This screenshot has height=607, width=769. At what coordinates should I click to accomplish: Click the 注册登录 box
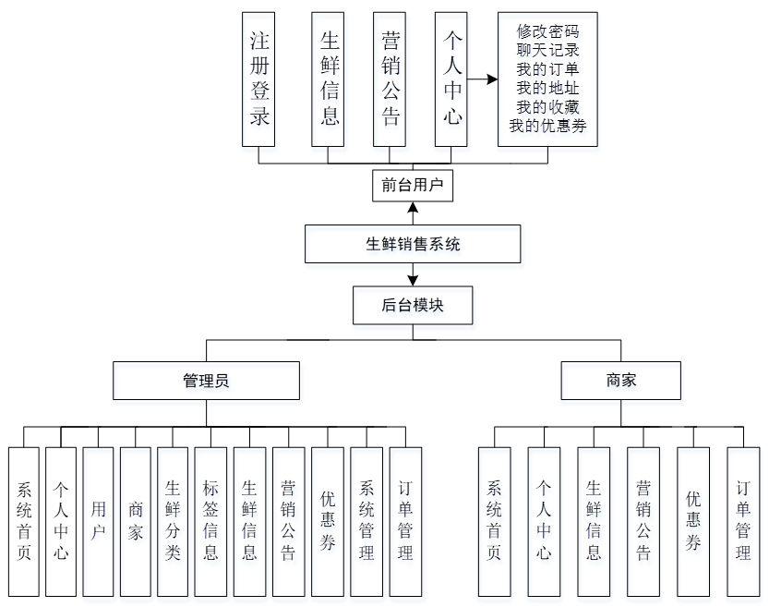(x=259, y=79)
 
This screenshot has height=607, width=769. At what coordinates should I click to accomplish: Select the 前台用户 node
(x=413, y=185)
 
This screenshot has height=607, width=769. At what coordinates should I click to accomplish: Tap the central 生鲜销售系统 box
(x=413, y=245)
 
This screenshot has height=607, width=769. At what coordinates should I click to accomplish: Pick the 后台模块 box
(x=413, y=306)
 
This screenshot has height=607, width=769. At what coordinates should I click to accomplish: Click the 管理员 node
(x=206, y=381)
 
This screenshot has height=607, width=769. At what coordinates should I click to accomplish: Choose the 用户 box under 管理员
(x=98, y=521)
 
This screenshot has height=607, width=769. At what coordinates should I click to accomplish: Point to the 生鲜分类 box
(x=173, y=521)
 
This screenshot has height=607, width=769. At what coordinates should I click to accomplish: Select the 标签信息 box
(x=210, y=521)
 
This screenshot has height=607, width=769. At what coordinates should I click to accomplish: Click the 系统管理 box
(x=366, y=521)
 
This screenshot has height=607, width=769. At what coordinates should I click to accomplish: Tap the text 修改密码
(x=547, y=31)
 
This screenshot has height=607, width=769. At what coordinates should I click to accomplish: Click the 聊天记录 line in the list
(x=547, y=50)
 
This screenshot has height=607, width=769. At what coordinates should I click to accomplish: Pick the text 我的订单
(x=547, y=69)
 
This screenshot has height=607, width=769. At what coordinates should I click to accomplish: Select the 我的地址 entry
(x=547, y=88)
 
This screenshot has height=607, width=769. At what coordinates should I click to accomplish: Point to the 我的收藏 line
(x=547, y=107)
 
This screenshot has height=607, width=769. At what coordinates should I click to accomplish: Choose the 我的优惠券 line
(x=547, y=126)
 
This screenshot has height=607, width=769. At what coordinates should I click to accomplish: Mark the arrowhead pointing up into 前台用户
(x=413, y=205)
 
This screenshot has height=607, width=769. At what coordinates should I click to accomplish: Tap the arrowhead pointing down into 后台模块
(x=413, y=279)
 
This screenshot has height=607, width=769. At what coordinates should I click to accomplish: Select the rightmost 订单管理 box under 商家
(x=743, y=521)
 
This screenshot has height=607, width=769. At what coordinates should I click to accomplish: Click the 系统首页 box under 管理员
(x=24, y=521)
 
